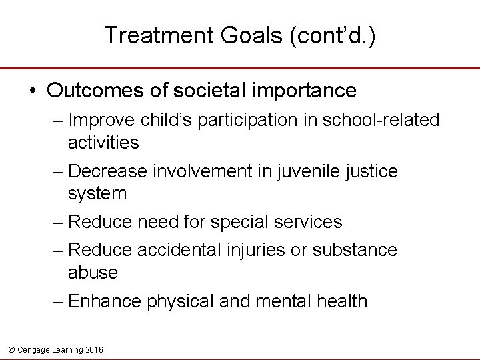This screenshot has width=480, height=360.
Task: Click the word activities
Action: pos(103,142)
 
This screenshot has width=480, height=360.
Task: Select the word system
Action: pos(97,194)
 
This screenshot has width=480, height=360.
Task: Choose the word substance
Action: pos(354,250)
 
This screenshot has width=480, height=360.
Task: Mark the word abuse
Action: pos(93,272)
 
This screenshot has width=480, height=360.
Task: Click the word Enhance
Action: pos(105,301)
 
